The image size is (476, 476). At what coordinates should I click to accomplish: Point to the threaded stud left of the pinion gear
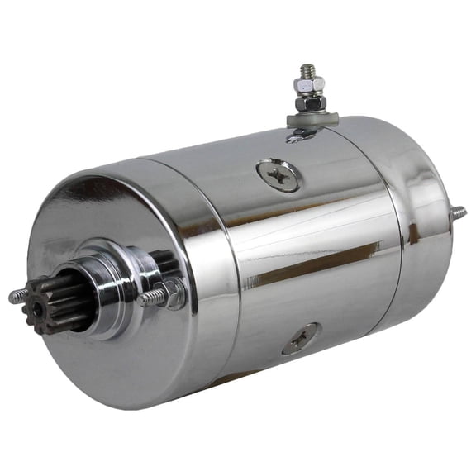point(16,296)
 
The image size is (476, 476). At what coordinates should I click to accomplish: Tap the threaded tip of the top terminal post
point(308,70)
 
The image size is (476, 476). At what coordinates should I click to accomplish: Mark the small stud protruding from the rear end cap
point(458,212)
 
